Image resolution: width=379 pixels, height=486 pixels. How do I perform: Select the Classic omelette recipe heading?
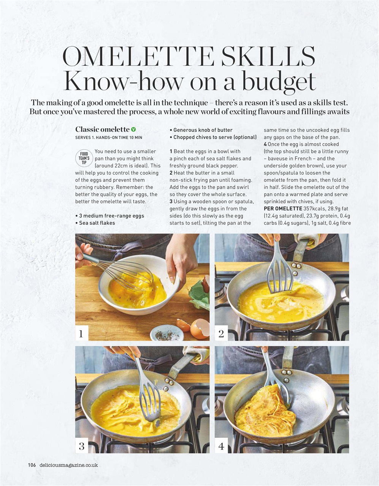pyautogui.click(x=102, y=130)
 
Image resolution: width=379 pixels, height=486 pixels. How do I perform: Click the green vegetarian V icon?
pyautogui.click(x=133, y=130)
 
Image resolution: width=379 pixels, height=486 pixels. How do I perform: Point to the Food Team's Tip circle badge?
pyautogui.click(x=84, y=159)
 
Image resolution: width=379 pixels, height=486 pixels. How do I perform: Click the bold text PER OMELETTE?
pyautogui.click(x=283, y=208)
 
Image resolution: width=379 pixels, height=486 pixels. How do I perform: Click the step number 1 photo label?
pyautogui.click(x=81, y=334)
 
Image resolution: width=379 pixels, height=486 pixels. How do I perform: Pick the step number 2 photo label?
pyautogui.click(x=221, y=334)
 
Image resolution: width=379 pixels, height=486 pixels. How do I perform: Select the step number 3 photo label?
pyautogui.click(x=81, y=446)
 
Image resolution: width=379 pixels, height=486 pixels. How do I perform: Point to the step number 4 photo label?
pyautogui.click(x=221, y=446)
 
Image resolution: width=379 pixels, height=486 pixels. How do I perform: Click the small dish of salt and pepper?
pyautogui.click(x=167, y=333)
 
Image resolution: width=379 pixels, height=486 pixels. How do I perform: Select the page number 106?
pyautogui.click(x=32, y=465)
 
